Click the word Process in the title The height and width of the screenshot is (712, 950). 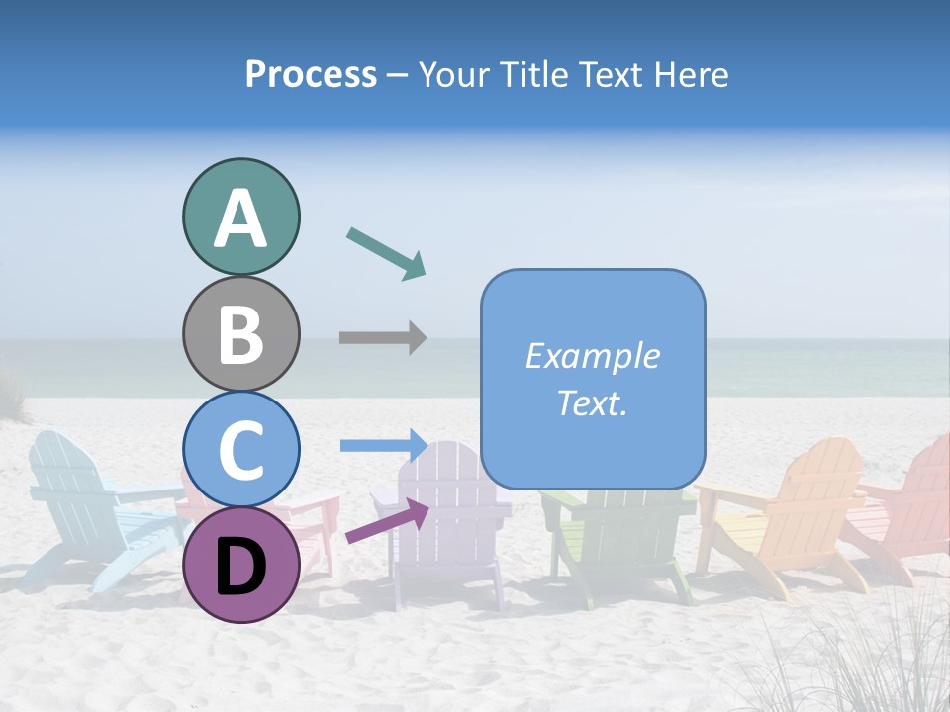pos(311,75)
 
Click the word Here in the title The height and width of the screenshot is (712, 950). pos(693,75)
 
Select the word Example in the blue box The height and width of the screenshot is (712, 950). pos(592,356)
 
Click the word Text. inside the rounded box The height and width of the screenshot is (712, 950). pos(592,402)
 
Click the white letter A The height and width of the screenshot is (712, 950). pos(240,218)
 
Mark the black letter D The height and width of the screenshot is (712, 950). pos(240,566)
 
